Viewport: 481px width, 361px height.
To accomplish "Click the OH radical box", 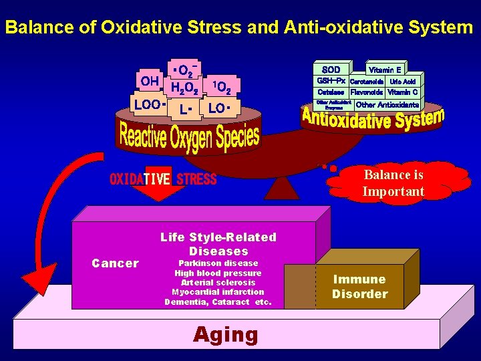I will (x=149, y=82).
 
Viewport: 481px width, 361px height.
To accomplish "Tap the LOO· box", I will (x=148, y=105).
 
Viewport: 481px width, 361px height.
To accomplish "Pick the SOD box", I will (x=331, y=70).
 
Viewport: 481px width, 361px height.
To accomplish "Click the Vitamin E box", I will (x=385, y=70).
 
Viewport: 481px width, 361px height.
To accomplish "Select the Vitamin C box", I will (x=403, y=92).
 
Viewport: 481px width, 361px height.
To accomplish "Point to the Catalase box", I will (x=331, y=92).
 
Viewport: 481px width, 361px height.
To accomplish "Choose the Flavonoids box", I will (x=367, y=92).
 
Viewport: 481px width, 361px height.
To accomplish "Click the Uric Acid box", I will (x=403, y=82).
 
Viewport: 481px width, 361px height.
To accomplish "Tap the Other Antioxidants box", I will (x=387, y=105).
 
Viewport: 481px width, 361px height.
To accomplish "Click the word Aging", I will (x=226, y=334).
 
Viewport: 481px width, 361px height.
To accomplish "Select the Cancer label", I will (x=115, y=263).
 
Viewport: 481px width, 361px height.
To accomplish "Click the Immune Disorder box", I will (x=360, y=287).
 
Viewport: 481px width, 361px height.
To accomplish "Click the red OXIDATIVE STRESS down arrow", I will (x=158, y=185).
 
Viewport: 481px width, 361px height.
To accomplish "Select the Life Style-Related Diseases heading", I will (x=218, y=244).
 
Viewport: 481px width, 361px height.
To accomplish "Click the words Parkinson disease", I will (x=218, y=263).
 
